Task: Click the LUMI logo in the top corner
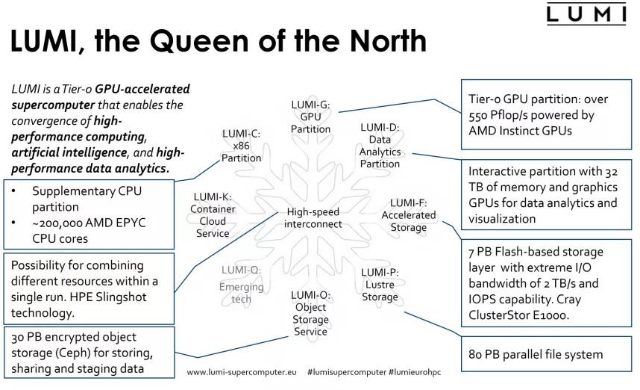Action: (586, 14)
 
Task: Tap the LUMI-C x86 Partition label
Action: (240, 146)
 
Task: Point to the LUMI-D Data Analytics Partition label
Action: (380, 146)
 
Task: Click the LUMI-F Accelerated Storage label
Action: (408, 215)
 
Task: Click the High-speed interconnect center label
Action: (314, 217)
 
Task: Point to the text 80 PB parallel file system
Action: (535, 353)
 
